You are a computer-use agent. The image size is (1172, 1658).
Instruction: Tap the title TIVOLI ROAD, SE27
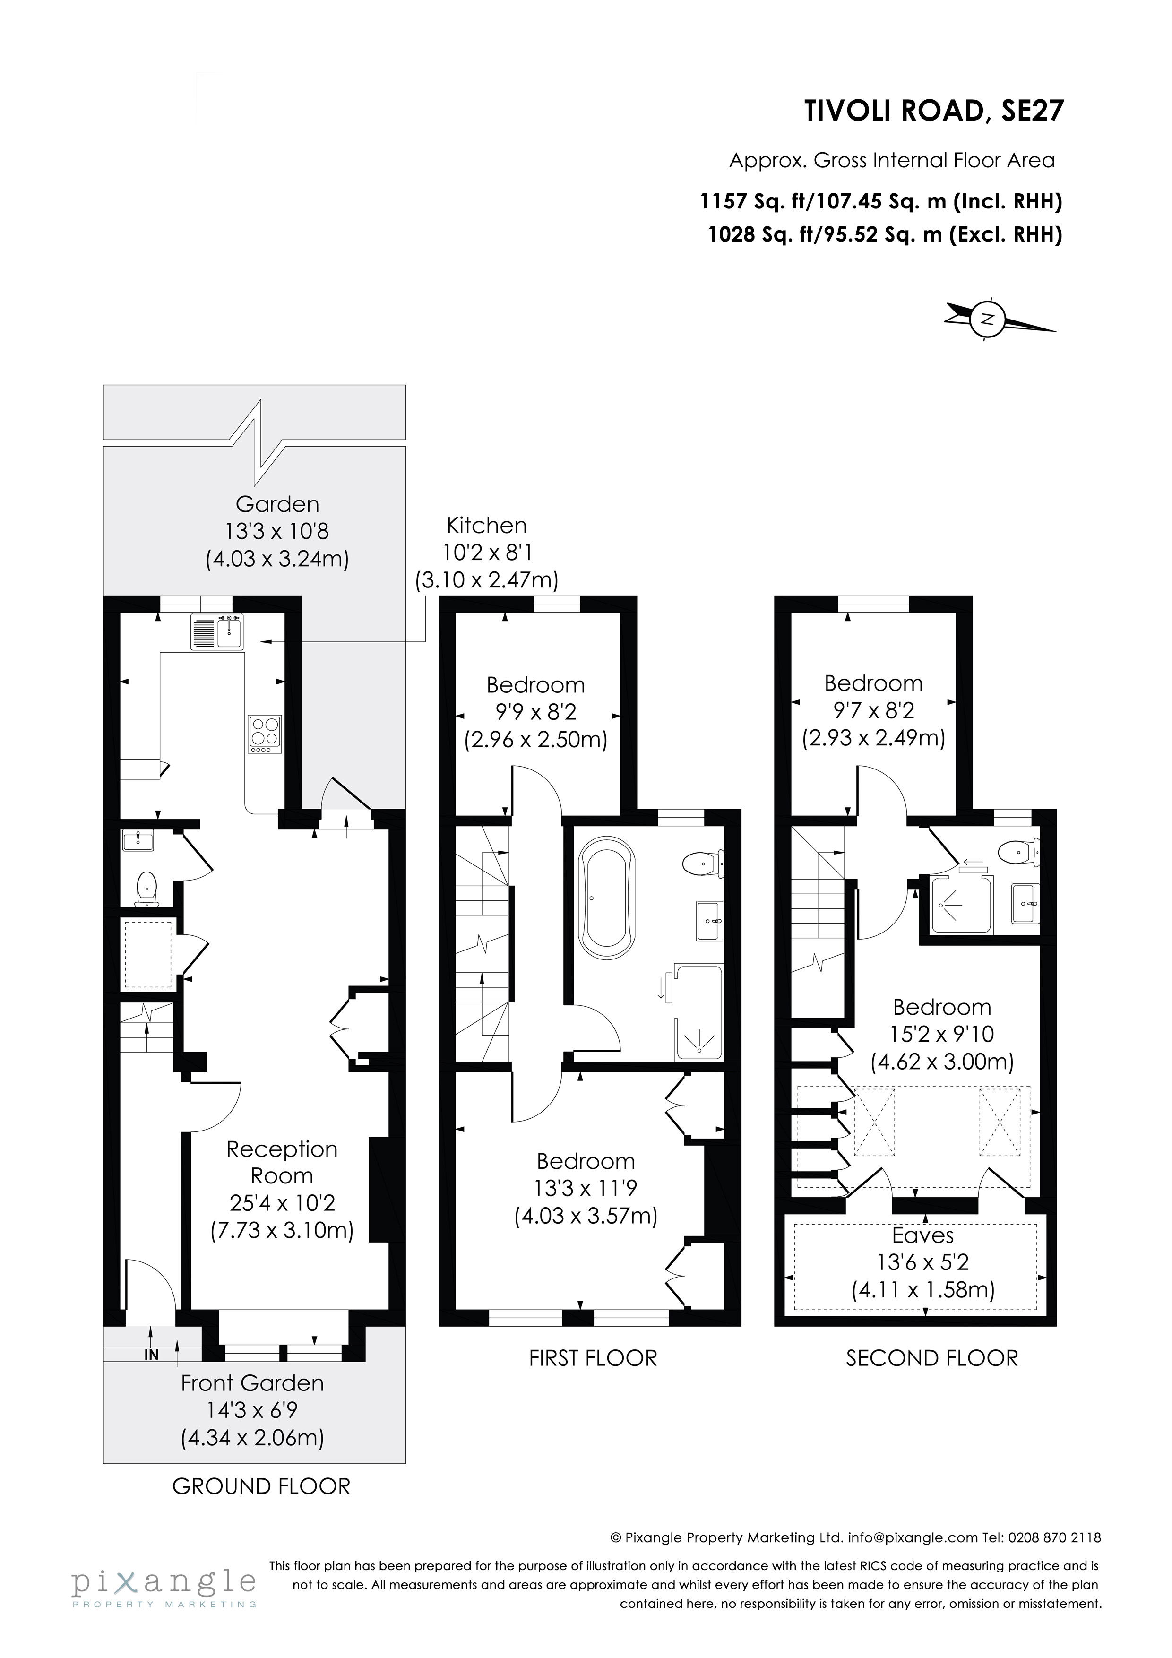[x=934, y=111]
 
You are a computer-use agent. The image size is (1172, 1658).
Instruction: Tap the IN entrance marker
[x=151, y=1355]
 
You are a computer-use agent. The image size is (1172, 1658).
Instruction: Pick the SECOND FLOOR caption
[x=931, y=1357]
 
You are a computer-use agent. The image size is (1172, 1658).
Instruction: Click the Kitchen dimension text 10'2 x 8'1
[x=487, y=553]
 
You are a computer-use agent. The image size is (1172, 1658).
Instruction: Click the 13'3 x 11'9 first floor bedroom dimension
[x=586, y=1188]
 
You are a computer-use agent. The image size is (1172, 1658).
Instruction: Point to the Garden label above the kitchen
[x=277, y=504]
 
